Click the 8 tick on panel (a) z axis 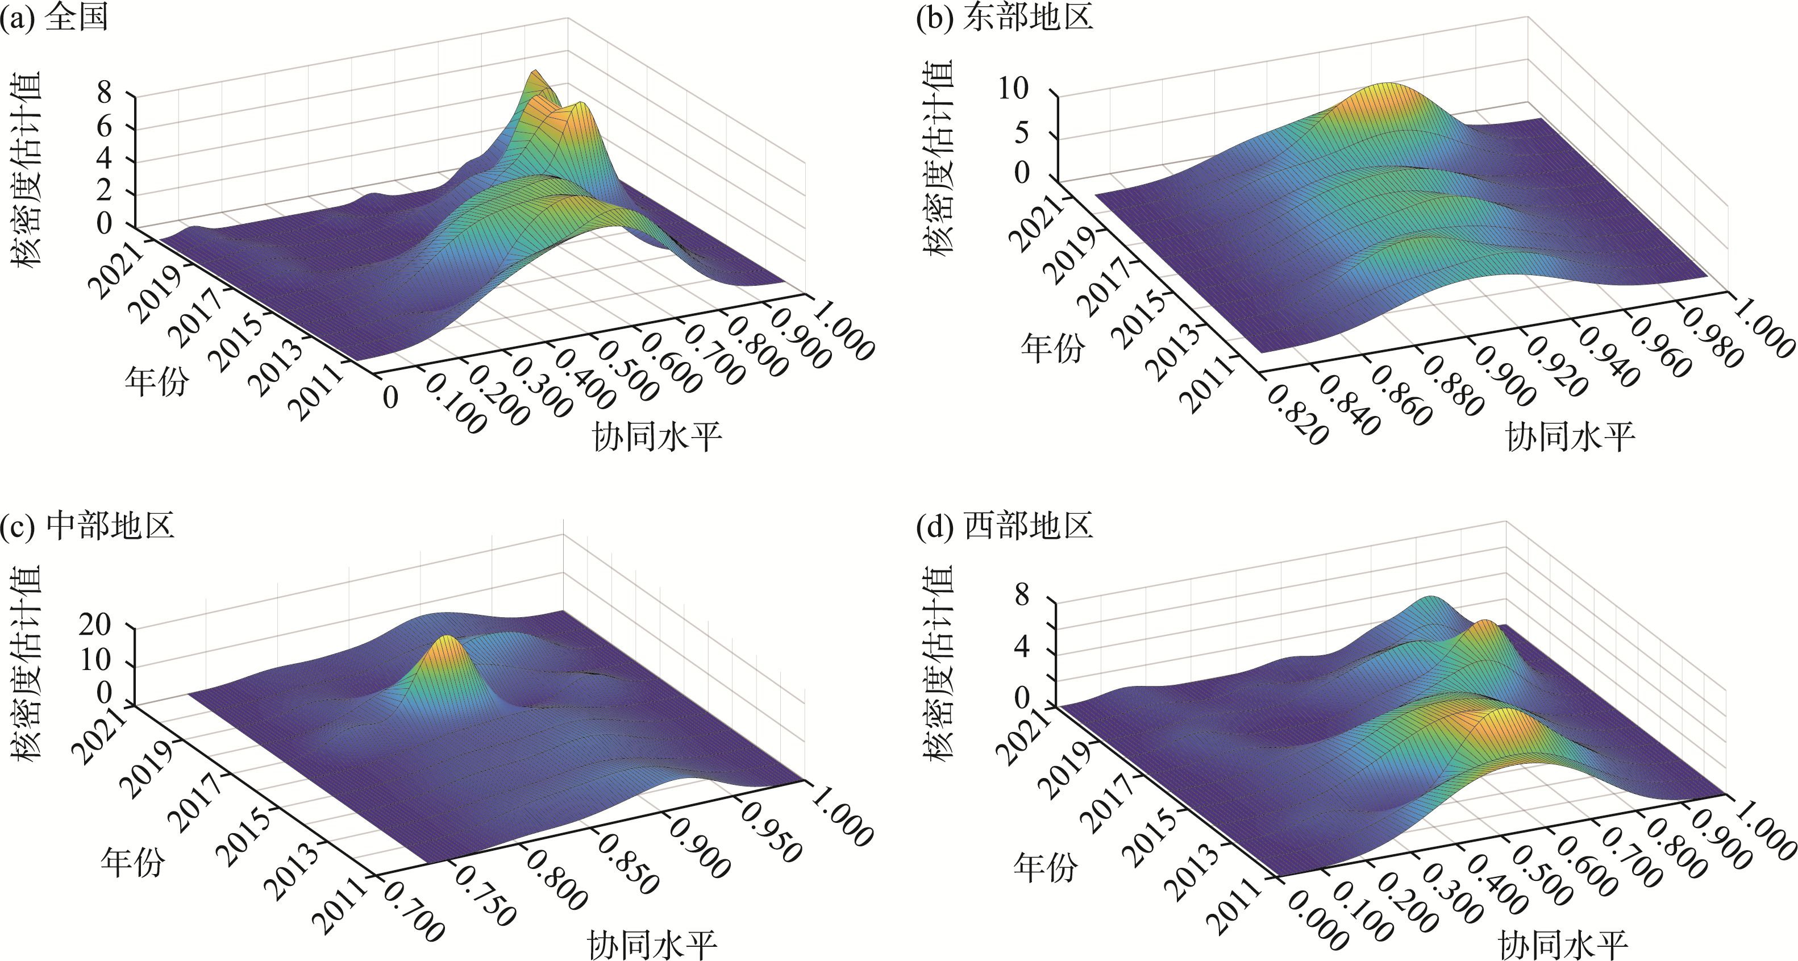[x=104, y=92]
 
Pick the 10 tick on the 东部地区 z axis [x=1013, y=89]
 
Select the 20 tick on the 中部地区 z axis [x=95, y=625]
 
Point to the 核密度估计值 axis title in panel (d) [x=938, y=663]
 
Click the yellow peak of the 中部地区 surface [x=447, y=646]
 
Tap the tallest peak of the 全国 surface [x=535, y=73]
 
